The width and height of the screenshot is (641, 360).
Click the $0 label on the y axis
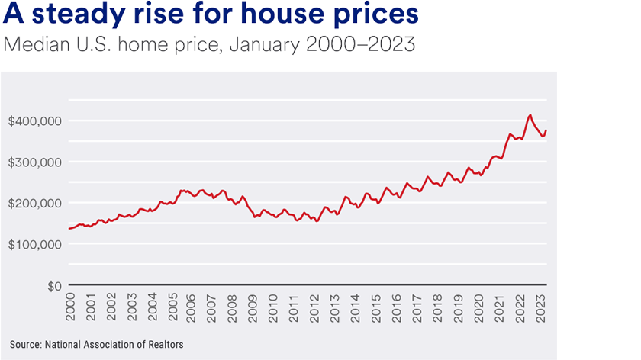pos(52,286)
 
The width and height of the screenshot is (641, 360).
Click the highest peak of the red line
pos(530,115)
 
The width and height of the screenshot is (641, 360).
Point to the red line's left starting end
pos(69,229)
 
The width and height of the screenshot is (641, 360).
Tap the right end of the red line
pos(546,130)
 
